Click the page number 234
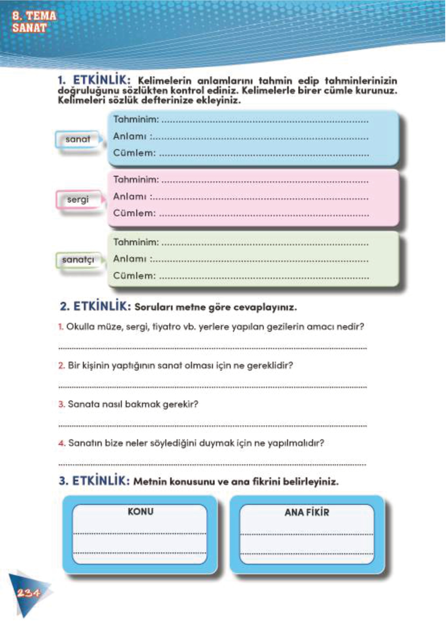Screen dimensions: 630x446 (x=28, y=592)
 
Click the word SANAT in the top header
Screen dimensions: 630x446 (x=29, y=28)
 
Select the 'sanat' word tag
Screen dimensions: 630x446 (x=78, y=139)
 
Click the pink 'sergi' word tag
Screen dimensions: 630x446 (x=77, y=199)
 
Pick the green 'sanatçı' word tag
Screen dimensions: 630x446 (x=78, y=260)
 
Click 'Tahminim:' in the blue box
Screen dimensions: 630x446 (x=136, y=120)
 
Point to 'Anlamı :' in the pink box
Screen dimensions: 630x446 (x=132, y=197)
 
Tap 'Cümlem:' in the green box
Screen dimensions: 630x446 (x=134, y=276)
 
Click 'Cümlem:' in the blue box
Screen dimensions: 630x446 (x=134, y=153)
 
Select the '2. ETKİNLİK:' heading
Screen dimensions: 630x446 (x=96, y=306)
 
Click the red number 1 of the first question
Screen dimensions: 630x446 (x=60, y=327)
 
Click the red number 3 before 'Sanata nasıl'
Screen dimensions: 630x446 (x=61, y=404)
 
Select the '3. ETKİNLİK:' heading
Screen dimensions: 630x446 (x=94, y=481)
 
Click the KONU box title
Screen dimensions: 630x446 (x=140, y=511)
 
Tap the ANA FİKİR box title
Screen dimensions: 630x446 (x=306, y=512)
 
